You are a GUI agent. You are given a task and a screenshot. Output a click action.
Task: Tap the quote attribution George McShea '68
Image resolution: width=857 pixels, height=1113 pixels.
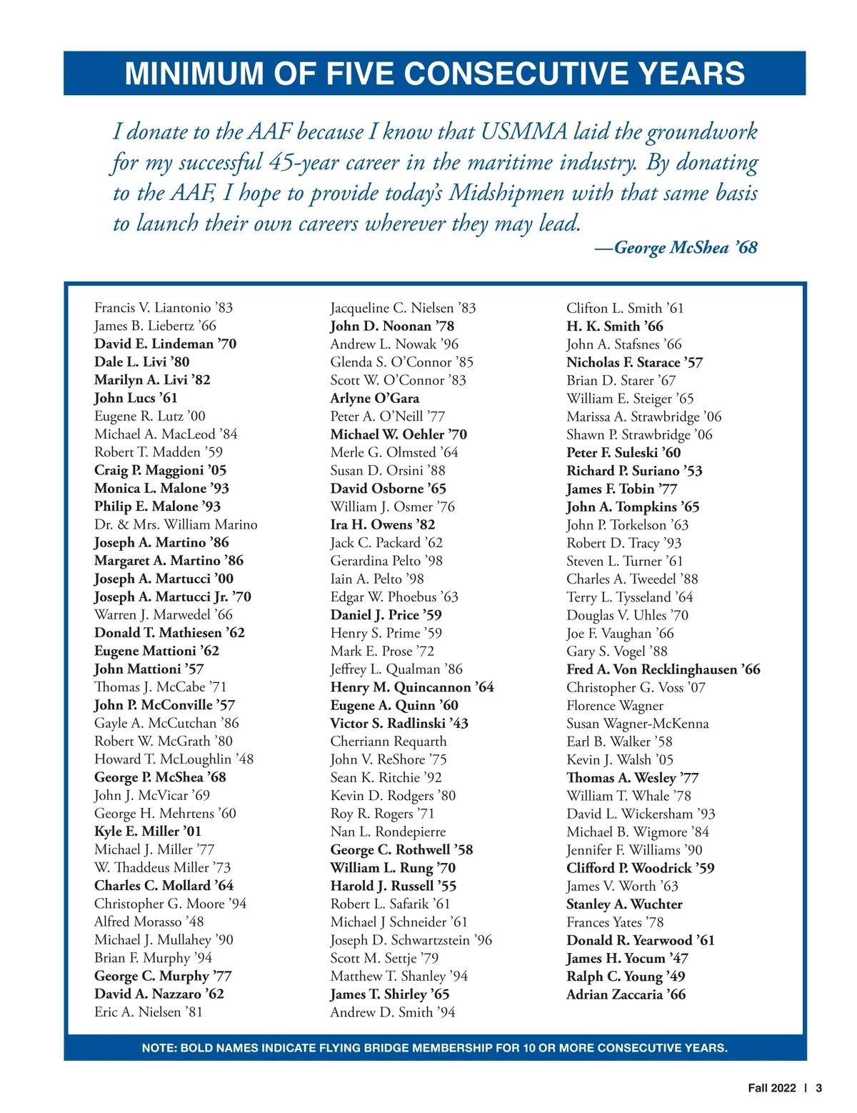pyautogui.click(x=676, y=248)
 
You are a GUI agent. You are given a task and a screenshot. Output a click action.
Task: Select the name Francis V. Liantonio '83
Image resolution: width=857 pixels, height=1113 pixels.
pyautogui.click(x=164, y=308)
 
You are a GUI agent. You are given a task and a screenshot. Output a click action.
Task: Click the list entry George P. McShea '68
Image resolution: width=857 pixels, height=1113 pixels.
pyautogui.click(x=160, y=777)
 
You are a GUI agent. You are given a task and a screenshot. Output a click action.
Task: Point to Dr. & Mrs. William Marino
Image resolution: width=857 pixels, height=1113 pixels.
pyautogui.click(x=176, y=524)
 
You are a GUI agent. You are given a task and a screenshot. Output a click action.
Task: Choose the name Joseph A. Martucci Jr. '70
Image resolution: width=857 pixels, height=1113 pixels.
pyautogui.click(x=173, y=597)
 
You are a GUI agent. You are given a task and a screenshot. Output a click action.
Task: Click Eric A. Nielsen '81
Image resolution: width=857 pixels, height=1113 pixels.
pyautogui.click(x=149, y=1012)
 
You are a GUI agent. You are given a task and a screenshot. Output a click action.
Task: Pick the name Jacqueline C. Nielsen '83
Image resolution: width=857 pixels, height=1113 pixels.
pyautogui.click(x=403, y=308)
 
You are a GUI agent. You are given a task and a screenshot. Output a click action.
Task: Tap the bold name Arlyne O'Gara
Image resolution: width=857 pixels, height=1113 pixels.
pyautogui.click(x=375, y=398)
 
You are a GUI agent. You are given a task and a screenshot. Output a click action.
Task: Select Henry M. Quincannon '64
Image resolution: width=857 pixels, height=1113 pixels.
pyautogui.click(x=412, y=687)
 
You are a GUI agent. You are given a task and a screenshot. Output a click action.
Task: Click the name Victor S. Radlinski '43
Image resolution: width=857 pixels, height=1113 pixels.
pyautogui.click(x=399, y=723)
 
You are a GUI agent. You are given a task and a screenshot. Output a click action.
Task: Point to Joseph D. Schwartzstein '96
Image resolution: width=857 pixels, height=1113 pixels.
pyautogui.click(x=411, y=940)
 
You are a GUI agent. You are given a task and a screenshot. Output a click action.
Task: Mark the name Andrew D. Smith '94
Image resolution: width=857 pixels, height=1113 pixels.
pyautogui.click(x=392, y=1012)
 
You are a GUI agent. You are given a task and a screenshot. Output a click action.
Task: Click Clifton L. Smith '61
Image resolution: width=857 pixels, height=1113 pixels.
pyautogui.click(x=625, y=308)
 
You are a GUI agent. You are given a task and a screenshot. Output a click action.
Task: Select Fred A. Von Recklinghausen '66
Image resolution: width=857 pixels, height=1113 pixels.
pyautogui.click(x=663, y=669)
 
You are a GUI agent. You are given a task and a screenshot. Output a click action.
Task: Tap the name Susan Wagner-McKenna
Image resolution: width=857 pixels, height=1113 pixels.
pyautogui.click(x=638, y=724)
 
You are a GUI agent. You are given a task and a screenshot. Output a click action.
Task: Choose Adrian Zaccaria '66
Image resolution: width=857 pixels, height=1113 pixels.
pyautogui.click(x=626, y=994)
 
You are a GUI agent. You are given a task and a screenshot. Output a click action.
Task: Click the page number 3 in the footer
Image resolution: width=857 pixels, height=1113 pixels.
pyautogui.click(x=819, y=1088)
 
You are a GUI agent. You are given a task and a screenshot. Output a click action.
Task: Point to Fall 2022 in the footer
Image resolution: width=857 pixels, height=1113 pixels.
pyautogui.click(x=771, y=1088)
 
